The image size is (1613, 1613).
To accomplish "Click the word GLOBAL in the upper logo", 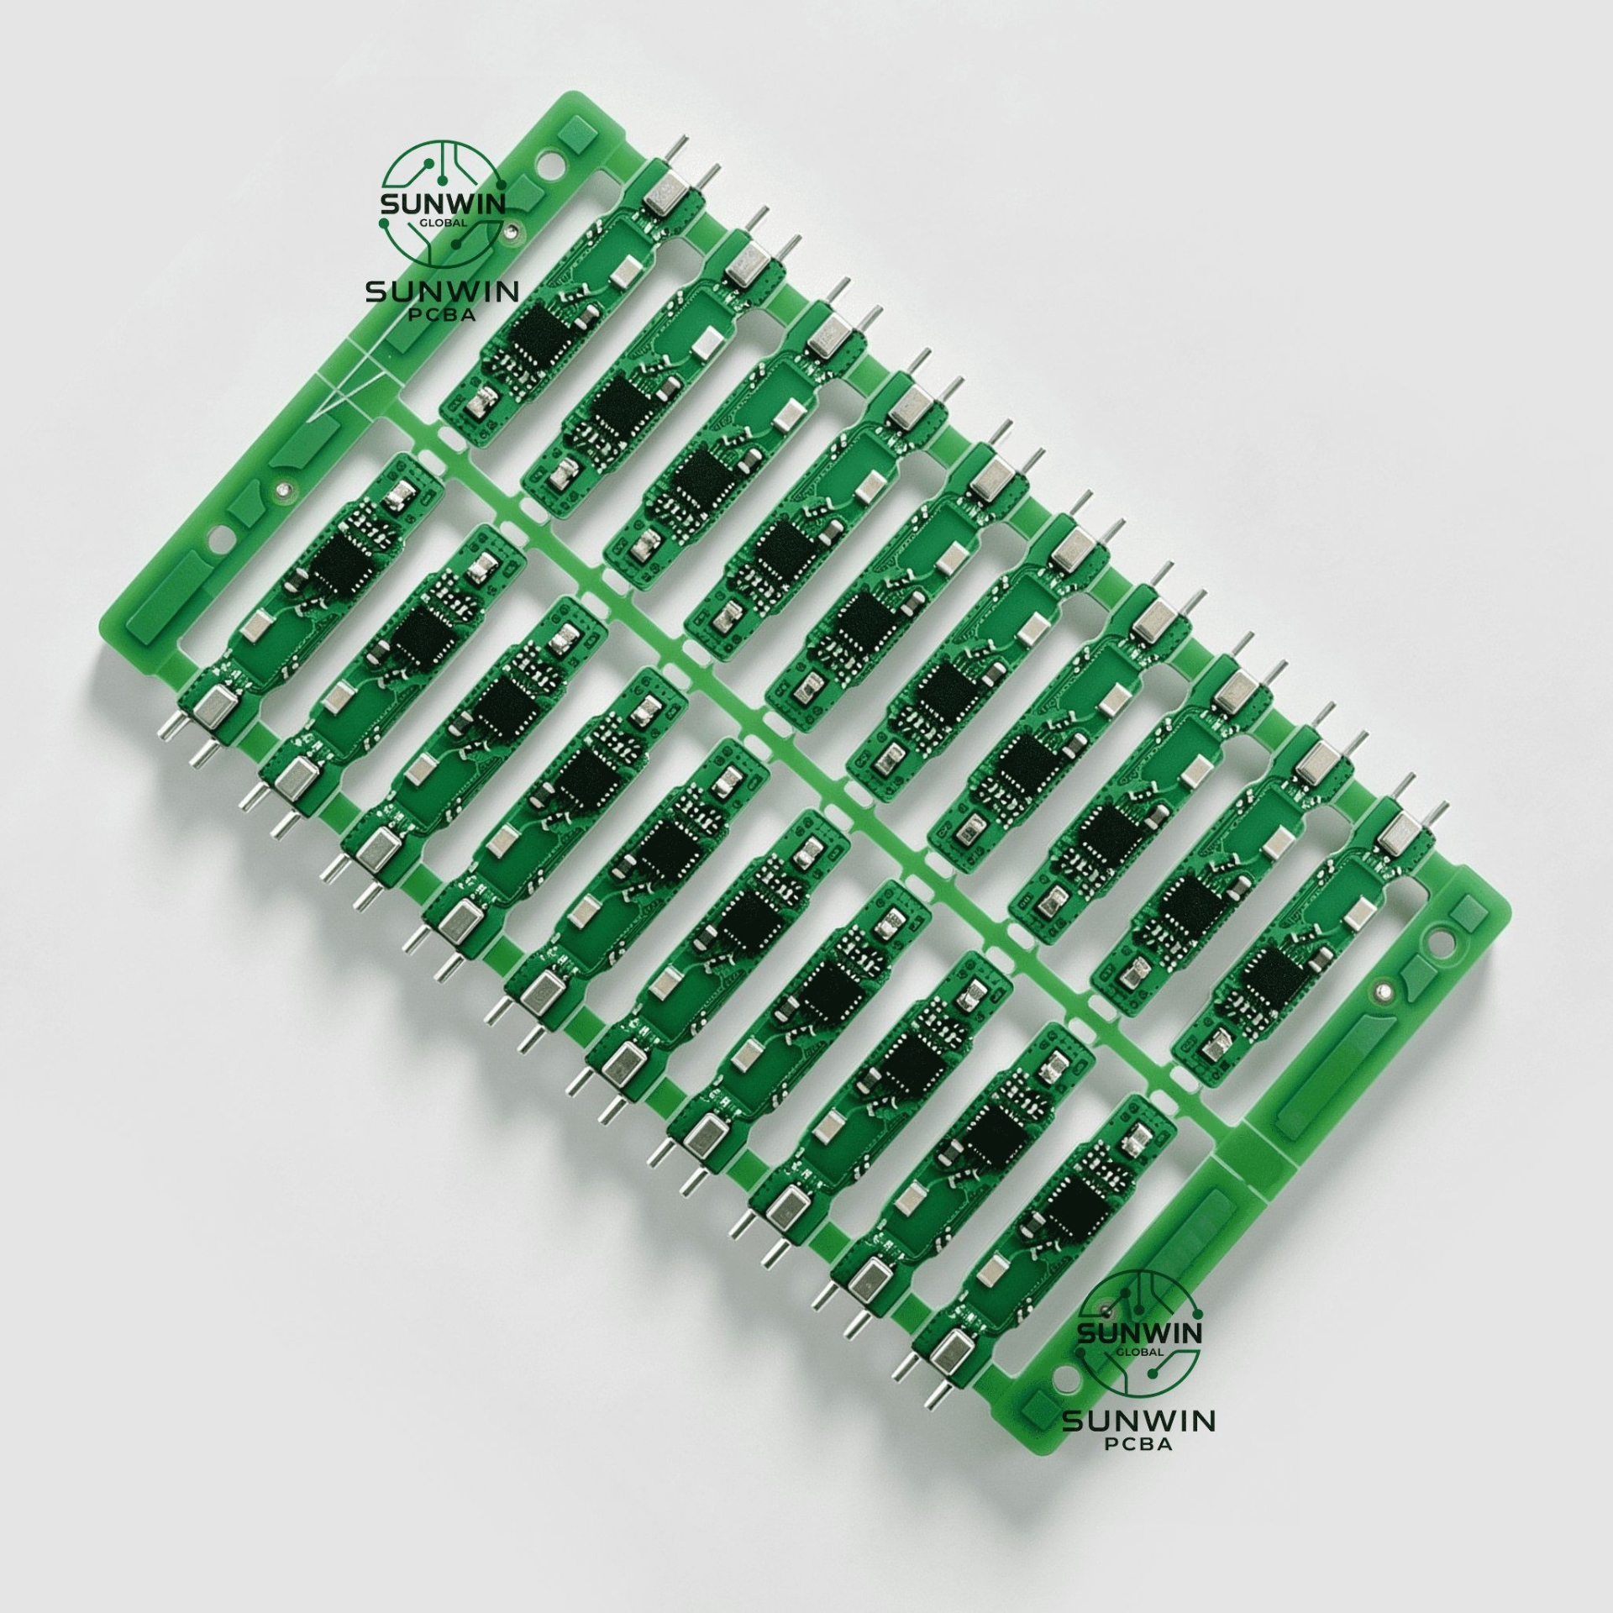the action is (443, 224).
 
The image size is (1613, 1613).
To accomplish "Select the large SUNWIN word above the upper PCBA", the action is (442, 291).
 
